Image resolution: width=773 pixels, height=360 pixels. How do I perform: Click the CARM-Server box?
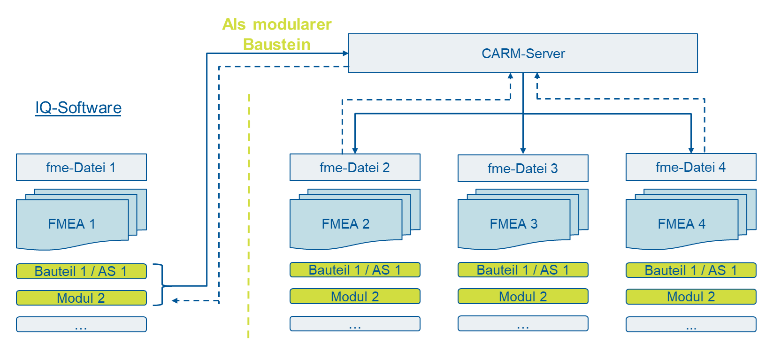522,53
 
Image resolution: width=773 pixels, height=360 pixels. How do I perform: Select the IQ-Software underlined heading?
78,107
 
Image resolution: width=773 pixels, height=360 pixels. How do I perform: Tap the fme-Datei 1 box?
82,168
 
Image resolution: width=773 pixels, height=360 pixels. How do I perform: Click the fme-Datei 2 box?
355,168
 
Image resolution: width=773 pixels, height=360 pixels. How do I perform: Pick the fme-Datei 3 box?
523,168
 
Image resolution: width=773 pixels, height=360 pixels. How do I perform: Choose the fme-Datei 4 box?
691,167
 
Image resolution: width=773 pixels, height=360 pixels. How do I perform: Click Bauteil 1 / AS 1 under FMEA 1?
82,271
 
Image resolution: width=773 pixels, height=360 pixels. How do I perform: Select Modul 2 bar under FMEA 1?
82,298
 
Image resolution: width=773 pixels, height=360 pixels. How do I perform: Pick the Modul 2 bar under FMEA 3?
523,297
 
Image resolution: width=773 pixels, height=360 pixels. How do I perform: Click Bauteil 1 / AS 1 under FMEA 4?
691,270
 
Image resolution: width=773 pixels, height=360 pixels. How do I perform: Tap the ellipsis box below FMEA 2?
355,324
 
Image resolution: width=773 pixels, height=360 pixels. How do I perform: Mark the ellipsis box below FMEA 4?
691,324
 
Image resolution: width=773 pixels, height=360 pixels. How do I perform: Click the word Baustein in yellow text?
277,45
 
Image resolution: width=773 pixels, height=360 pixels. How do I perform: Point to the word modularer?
292,24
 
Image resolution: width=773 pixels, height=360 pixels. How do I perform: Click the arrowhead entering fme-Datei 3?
523,151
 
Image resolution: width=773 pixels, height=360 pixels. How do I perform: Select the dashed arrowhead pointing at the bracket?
175,301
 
